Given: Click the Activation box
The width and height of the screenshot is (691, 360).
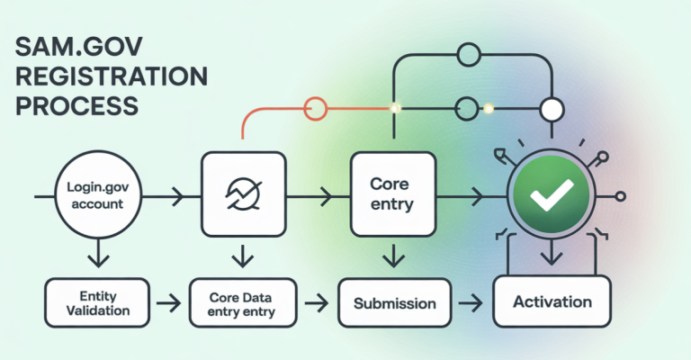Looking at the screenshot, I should click(552, 301).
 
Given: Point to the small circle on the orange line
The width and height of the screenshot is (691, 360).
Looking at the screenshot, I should click(315, 110).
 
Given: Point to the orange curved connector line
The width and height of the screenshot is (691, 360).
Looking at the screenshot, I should click(261, 112).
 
